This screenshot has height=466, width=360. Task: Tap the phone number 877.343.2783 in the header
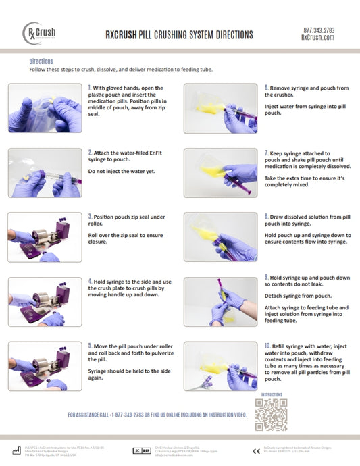(x=318, y=30)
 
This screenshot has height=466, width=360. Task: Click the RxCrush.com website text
(x=318, y=38)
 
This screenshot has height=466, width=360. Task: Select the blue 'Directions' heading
(x=42, y=61)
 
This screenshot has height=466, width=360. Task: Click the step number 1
(x=90, y=88)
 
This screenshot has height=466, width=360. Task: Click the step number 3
(x=90, y=217)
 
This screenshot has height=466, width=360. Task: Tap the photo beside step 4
(x=45, y=302)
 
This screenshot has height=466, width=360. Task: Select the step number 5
(x=90, y=346)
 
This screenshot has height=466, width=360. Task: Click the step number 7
(x=266, y=154)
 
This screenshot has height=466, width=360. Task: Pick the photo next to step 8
(x=220, y=237)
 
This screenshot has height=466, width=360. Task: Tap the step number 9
(x=266, y=277)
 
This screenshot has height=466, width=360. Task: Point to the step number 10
(x=267, y=345)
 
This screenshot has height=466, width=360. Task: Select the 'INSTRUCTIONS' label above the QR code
(x=272, y=394)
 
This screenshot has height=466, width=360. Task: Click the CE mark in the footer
(x=256, y=450)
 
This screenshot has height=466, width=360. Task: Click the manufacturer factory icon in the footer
(x=16, y=450)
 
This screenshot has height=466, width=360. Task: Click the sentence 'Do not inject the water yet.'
(x=119, y=171)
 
